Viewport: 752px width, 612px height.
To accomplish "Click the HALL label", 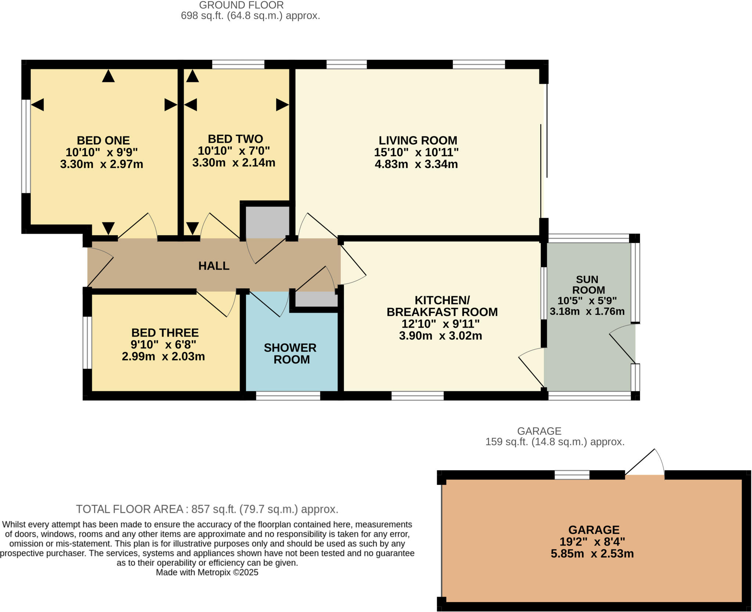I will pyautogui.click(x=214, y=266).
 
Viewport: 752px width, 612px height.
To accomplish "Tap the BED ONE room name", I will pyautogui.click(x=103, y=140).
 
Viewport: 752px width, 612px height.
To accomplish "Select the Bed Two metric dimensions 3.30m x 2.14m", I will pyautogui.click(x=234, y=162).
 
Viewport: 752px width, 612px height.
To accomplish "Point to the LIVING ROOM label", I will pyautogui.click(x=418, y=140).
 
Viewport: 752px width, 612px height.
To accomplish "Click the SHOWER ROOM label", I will pyautogui.click(x=290, y=353).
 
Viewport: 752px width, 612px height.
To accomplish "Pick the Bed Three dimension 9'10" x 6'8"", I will pyautogui.click(x=163, y=344).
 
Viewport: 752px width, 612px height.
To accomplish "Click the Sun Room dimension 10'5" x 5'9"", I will pyautogui.click(x=587, y=301).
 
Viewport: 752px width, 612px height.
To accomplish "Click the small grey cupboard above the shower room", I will pyautogui.click(x=316, y=299).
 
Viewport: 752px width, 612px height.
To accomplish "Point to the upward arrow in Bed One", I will pyautogui.click(x=108, y=76).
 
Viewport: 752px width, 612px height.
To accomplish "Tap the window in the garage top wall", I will pyautogui.click(x=572, y=475).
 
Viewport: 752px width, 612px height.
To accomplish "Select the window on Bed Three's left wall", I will pyautogui.click(x=87, y=342).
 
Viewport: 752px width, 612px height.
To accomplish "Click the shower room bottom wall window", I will pyautogui.click(x=288, y=396).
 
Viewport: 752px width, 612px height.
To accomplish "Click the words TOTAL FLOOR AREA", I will pyautogui.click(x=129, y=509).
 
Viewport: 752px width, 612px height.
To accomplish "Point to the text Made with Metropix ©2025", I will pyautogui.click(x=207, y=572).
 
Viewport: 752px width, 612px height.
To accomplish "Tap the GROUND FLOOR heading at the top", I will pyautogui.click(x=241, y=5).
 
